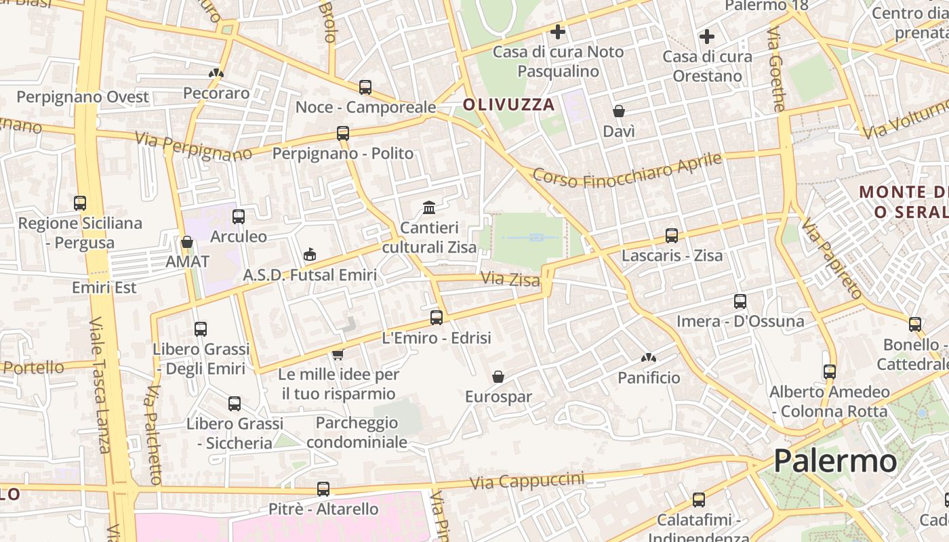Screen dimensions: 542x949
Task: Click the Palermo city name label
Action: [835, 461]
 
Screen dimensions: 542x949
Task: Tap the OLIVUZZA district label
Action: [508, 105]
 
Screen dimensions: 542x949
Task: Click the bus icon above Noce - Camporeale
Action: [365, 87]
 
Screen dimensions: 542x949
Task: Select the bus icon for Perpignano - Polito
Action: [343, 133]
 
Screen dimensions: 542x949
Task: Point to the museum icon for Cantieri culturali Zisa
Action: [429, 207]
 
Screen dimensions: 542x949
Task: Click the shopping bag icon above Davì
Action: [619, 110]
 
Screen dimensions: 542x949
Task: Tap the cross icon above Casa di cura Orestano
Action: [707, 37]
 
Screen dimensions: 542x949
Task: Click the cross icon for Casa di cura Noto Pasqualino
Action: [558, 32]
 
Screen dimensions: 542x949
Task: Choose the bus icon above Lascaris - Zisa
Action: [672, 235]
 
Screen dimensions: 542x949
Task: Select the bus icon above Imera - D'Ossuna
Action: [740, 301]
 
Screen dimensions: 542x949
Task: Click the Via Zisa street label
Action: [510, 279]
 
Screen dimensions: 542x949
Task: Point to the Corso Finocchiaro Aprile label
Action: [627, 170]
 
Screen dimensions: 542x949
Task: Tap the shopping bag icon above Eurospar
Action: [498, 376]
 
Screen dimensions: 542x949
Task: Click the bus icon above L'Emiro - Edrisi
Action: [437, 317]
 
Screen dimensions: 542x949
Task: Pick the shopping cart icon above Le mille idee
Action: [338, 354]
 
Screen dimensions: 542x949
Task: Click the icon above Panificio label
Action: [649, 357]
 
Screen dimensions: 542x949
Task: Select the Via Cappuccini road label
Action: [527, 481]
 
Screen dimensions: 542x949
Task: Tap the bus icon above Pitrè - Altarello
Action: [323, 488]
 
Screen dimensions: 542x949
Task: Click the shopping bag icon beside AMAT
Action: [187, 241]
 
